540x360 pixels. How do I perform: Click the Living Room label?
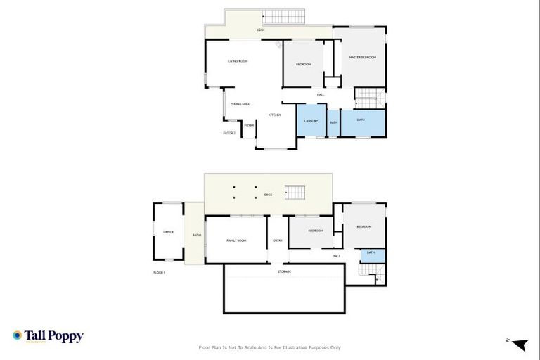point(238,62)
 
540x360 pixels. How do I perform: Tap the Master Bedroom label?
point(363,57)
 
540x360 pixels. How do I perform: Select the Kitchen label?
point(275,115)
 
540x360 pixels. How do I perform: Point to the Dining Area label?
point(240,104)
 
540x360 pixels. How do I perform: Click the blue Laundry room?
point(311,121)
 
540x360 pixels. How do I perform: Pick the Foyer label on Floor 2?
point(249,125)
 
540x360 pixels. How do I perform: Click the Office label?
point(168,231)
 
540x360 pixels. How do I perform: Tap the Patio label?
point(197,235)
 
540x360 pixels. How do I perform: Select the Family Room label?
point(236,240)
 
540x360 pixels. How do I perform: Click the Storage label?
point(284,271)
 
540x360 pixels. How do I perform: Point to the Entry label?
point(278,240)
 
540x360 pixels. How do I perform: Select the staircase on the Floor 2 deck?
point(284,16)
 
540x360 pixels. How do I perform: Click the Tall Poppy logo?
point(48,336)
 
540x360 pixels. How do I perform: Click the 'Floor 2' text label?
point(229,133)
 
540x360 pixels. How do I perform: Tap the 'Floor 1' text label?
point(159,272)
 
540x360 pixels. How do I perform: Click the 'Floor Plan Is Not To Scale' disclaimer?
point(270,347)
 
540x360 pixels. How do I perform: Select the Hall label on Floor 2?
point(321,95)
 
